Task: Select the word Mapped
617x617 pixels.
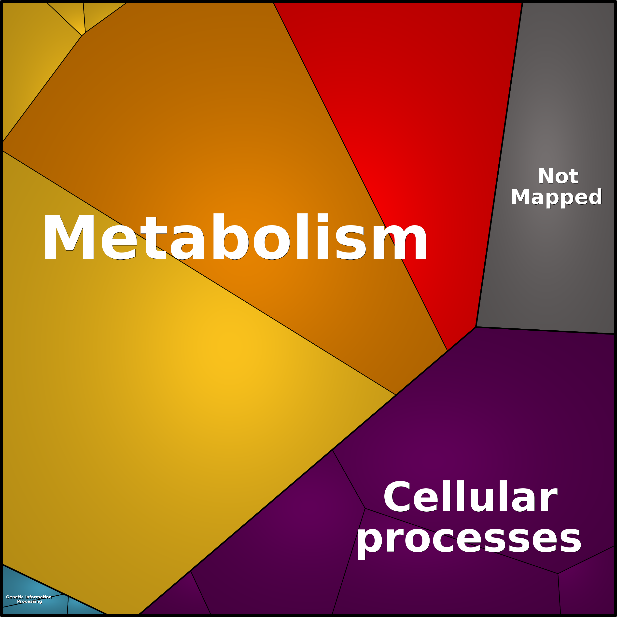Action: pyautogui.click(x=556, y=198)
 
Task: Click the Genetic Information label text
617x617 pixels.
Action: pyautogui.click(x=29, y=597)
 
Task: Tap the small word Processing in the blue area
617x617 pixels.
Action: pyautogui.click(x=29, y=601)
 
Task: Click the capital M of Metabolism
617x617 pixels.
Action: pyautogui.click(x=69, y=237)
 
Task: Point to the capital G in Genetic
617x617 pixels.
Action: pyautogui.click(x=8, y=597)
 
